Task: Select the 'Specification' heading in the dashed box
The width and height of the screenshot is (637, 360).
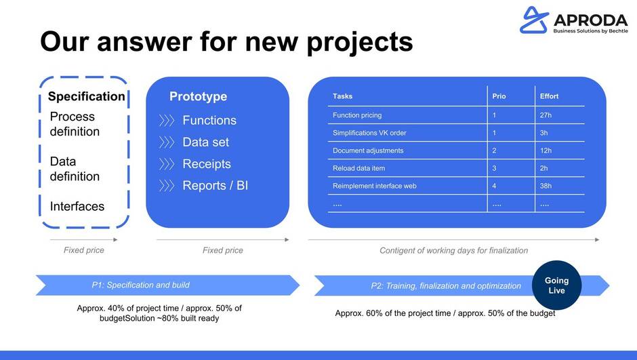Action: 87,96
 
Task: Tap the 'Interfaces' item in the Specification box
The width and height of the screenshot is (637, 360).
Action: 77,206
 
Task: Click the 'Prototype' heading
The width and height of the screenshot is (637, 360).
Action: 199,97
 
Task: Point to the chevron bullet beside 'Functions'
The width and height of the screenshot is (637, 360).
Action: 167,120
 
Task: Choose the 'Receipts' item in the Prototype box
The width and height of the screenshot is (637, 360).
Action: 207,164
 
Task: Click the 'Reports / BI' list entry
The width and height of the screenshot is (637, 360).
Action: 215,186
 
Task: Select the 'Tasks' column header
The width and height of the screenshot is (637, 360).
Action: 342,96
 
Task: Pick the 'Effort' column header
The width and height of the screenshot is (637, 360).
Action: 550,96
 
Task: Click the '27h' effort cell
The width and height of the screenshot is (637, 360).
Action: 546,115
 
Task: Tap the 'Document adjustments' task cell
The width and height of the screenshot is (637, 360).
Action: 368,151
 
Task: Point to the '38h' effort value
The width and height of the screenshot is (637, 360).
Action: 546,186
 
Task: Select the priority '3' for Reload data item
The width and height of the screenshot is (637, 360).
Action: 495,168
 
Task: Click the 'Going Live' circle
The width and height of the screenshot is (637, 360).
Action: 556,285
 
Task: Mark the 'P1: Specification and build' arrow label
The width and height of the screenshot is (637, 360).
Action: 140,285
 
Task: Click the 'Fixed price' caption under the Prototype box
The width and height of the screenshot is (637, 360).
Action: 223,250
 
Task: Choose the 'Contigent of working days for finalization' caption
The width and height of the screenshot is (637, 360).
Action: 454,251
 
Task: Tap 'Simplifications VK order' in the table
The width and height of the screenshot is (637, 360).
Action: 369,133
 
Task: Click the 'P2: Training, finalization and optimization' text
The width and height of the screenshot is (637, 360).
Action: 446,286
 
